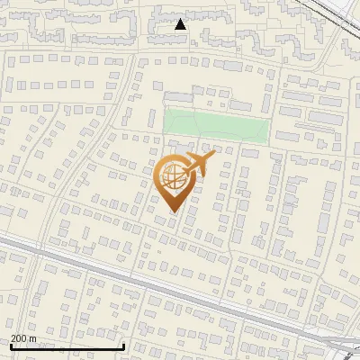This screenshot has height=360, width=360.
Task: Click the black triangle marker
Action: click(x=180, y=24)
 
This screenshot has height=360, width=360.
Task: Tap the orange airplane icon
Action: click(x=196, y=166)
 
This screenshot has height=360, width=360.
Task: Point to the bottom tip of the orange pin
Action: click(x=173, y=212)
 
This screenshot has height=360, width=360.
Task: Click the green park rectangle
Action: click(x=215, y=127)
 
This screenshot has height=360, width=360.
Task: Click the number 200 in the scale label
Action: click(x=20, y=338)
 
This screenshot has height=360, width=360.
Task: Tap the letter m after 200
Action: click(x=33, y=338)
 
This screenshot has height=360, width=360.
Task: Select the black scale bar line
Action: click(x=67, y=346)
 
